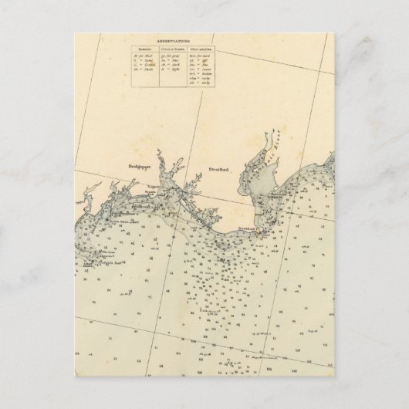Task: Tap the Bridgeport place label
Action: tap(140, 165)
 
